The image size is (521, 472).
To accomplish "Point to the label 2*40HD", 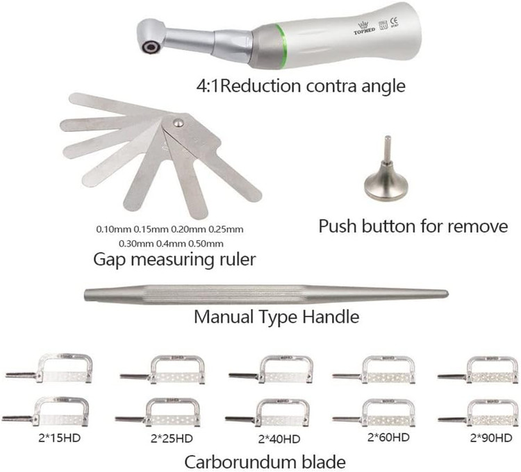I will click(279, 439).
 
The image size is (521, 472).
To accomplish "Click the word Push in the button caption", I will click(337, 226).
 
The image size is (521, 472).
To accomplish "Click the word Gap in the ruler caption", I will click(108, 260).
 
